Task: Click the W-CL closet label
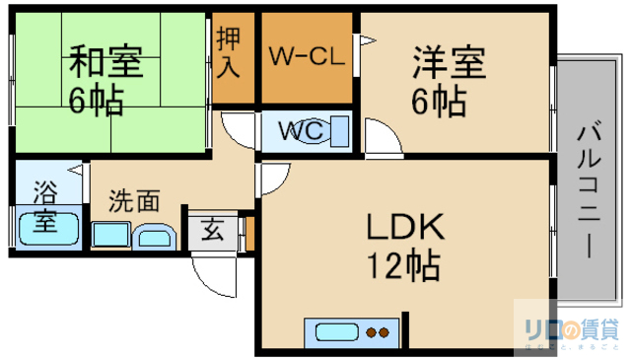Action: [x=307, y=56]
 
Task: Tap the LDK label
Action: [x=405, y=228]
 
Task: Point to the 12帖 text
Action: [x=402, y=265]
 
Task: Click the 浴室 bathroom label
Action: [x=44, y=205]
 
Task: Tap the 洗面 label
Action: [x=134, y=202]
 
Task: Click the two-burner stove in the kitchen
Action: [x=377, y=332]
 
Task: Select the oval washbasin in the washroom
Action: [x=154, y=237]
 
